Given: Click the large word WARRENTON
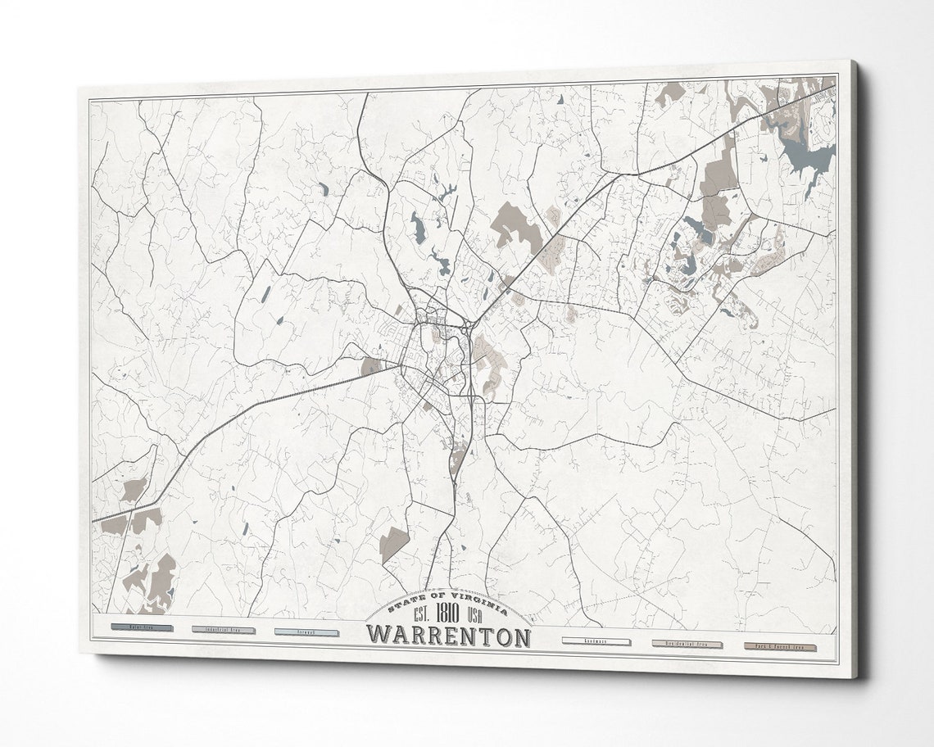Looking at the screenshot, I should point(447,636).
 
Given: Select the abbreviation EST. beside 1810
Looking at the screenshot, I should point(422,616).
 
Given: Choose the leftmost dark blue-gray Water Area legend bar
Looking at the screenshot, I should point(140,628).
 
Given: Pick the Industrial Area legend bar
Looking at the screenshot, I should point(223,631).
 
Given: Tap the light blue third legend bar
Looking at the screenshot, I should point(306,632).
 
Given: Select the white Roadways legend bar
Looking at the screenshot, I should point(596,641).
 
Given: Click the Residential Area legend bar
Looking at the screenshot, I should point(687,645).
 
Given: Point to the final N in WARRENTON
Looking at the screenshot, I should point(518,638).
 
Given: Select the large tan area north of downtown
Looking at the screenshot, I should point(515,224).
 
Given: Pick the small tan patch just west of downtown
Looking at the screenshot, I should point(370,367).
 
